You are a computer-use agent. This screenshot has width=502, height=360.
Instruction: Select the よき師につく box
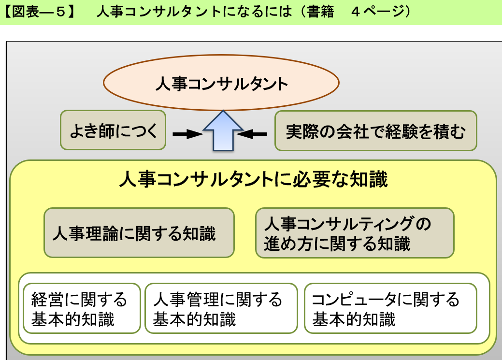point(113,130)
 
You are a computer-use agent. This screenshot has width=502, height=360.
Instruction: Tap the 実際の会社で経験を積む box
point(375,131)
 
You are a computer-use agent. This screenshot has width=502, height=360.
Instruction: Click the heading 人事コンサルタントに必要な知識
point(253,180)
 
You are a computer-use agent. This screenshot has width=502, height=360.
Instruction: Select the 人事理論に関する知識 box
point(139,232)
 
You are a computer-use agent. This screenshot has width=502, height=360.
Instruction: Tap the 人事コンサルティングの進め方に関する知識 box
point(355,233)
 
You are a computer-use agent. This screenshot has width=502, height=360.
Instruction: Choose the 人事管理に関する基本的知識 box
point(221,308)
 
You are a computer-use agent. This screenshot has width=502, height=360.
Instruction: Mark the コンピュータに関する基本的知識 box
point(390,308)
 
